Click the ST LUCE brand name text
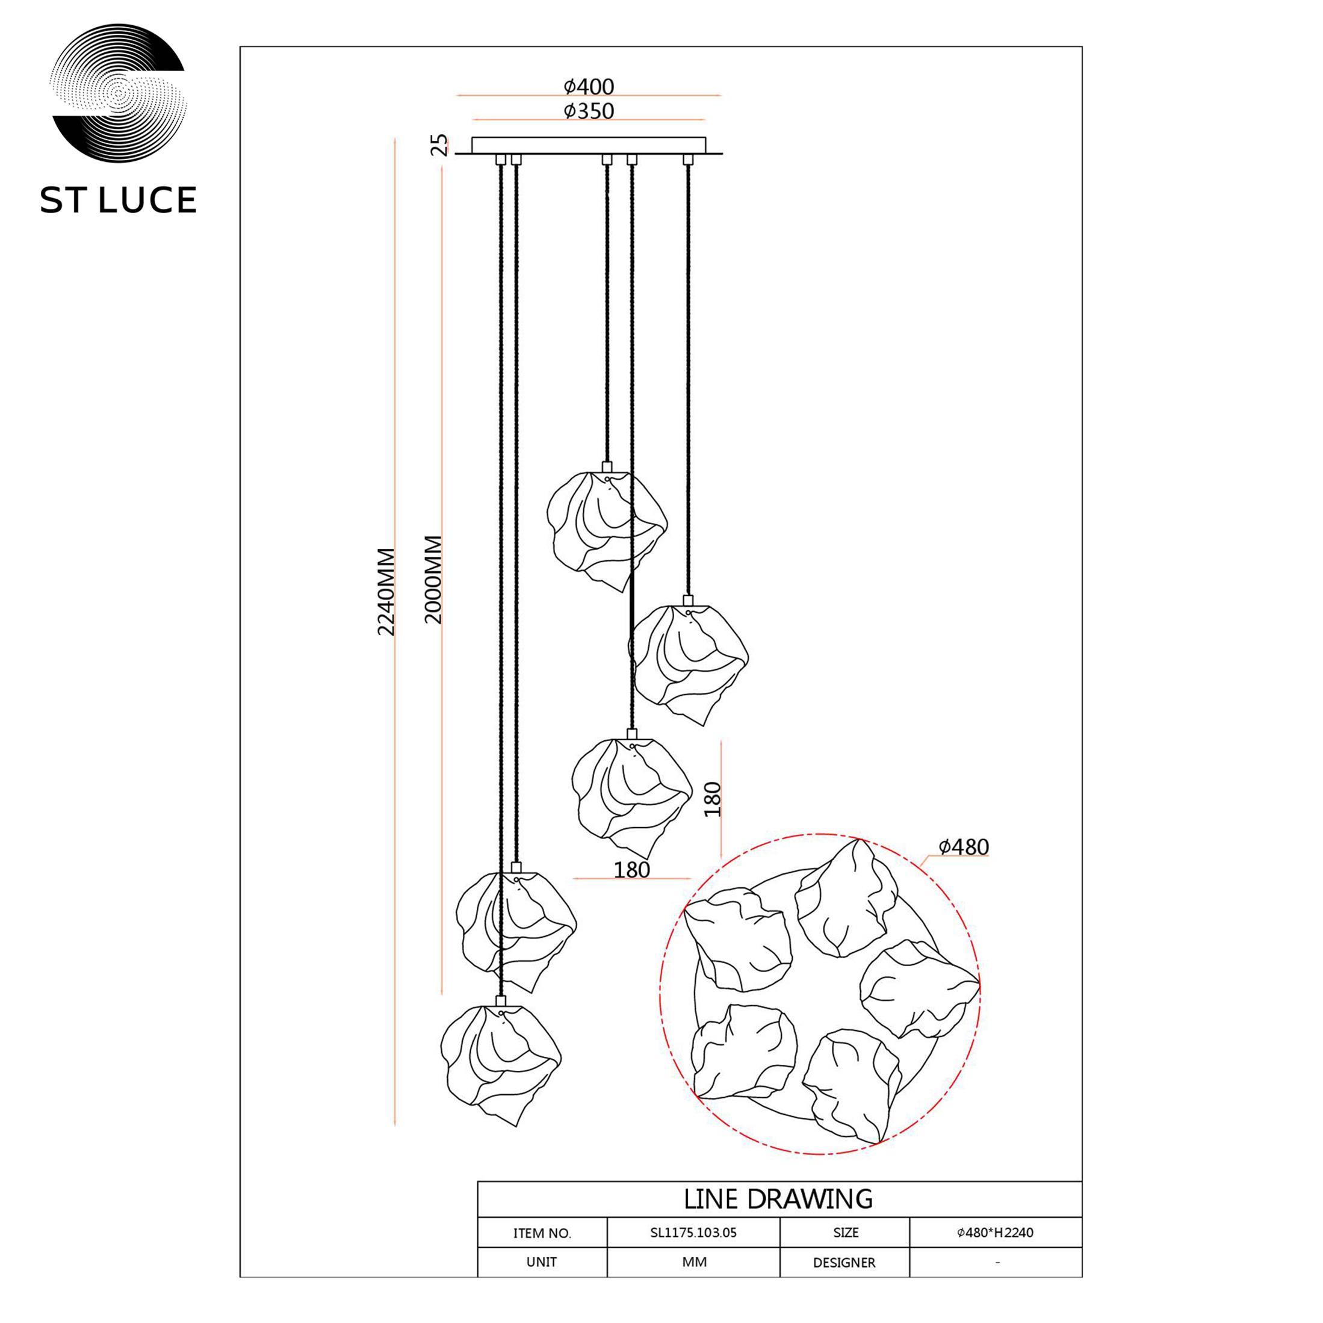[119, 200]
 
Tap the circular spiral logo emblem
[119, 94]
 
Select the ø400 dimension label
[589, 87]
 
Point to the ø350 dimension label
[589, 111]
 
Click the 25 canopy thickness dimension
[439, 145]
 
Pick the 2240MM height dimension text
[387, 592]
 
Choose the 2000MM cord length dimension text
[433, 579]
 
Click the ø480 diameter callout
[964, 847]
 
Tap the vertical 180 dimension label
[713, 799]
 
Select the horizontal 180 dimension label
[631, 870]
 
